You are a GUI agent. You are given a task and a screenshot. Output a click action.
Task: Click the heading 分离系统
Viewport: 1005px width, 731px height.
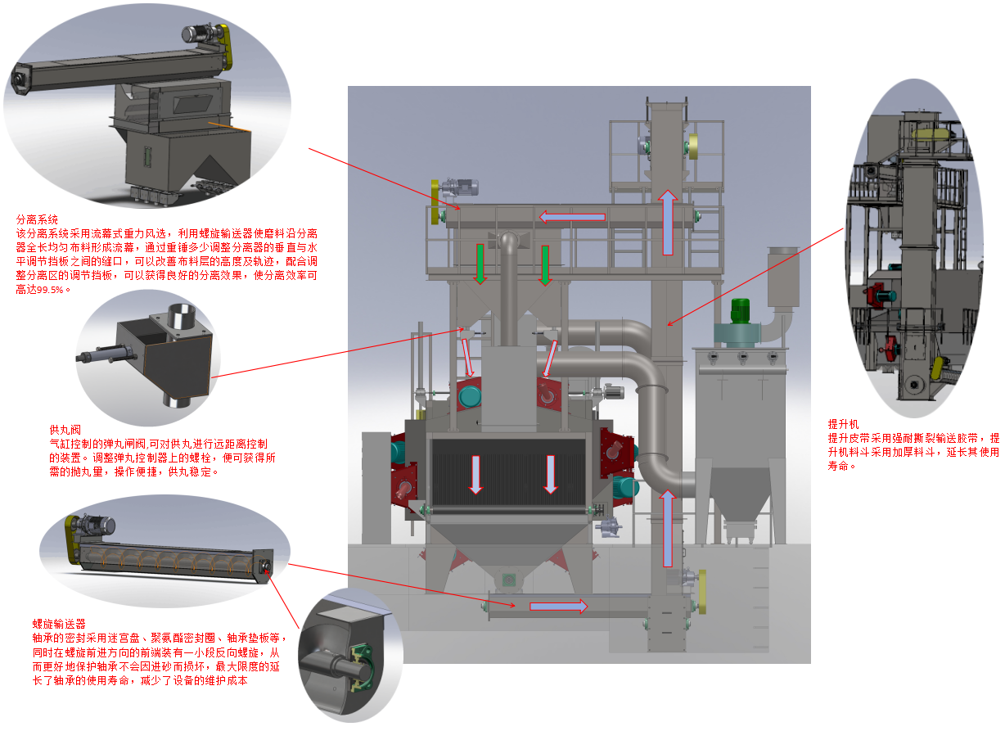[37, 219]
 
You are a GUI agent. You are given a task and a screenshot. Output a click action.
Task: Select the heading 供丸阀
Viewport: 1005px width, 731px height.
[65, 430]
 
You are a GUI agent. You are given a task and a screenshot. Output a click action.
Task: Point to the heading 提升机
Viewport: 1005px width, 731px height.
[842, 424]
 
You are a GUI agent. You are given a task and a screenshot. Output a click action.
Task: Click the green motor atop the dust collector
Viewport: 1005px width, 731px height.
[740, 311]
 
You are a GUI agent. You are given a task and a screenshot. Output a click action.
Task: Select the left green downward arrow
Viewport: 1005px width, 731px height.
[480, 265]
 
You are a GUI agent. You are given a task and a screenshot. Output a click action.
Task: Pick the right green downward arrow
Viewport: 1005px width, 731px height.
[544, 265]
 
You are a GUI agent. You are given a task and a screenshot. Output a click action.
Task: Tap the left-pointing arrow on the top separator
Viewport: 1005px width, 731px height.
[571, 217]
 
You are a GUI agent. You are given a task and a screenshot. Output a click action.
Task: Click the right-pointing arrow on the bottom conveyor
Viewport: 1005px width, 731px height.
[558, 606]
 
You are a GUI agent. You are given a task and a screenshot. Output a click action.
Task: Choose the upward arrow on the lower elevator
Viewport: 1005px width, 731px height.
[668, 529]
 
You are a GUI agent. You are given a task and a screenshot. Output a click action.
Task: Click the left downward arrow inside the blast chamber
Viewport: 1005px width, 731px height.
[475, 474]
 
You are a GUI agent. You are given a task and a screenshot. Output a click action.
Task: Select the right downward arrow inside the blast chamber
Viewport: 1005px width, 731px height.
[550, 474]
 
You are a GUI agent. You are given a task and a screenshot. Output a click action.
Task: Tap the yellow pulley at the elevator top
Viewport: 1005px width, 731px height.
[695, 147]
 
